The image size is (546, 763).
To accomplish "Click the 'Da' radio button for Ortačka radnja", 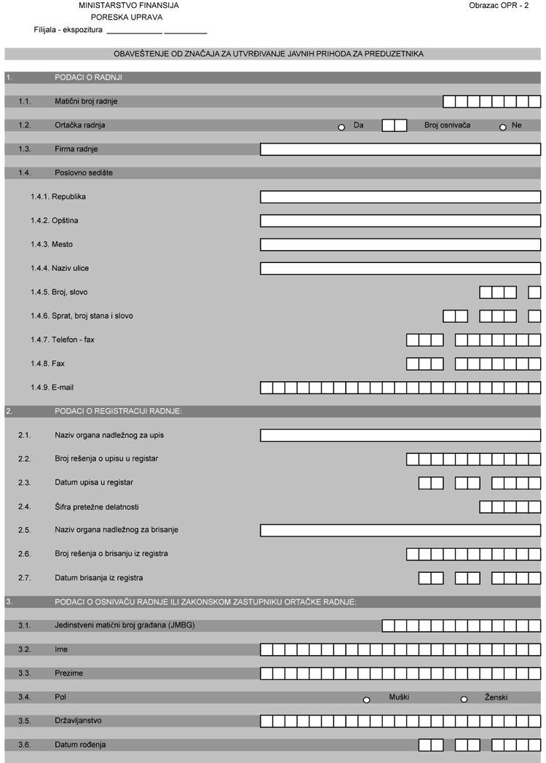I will click(341, 128).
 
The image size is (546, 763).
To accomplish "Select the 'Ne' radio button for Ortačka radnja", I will click(502, 128).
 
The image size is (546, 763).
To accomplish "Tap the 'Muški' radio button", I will click(367, 700).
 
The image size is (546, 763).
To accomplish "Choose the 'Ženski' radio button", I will click(464, 700).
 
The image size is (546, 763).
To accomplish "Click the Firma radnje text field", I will click(400, 149).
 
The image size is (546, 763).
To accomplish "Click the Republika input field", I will click(400, 197).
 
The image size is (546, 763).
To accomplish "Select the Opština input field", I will click(400, 221).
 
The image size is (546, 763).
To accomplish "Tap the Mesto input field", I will click(400, 244).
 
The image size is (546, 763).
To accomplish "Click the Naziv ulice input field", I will click(400, 268).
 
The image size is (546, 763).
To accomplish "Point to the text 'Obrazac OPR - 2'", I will click(499, 5).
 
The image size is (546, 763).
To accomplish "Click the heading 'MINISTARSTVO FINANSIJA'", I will click(129, 5).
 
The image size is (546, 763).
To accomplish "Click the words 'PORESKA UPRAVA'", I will click(127, 17).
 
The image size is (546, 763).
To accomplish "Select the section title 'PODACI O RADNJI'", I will click(88, 77).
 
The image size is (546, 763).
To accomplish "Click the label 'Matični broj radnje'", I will click(86, 101).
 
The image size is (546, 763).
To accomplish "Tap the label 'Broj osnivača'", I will click(447, 125).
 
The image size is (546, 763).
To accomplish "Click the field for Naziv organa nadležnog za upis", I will click(400, 435).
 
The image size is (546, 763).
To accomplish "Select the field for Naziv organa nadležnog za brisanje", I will click(400, 530).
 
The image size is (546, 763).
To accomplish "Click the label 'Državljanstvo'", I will click(78, 721).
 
